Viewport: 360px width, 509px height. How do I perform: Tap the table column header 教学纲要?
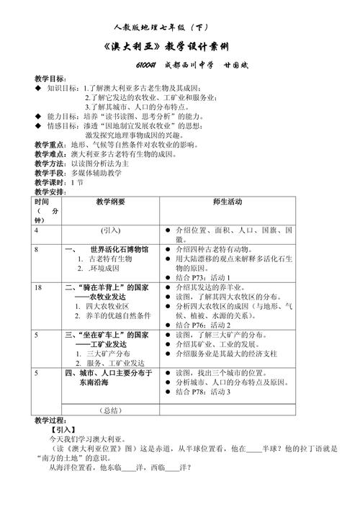110,203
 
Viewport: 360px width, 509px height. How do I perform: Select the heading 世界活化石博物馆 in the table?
114,249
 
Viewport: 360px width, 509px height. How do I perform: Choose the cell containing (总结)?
110,410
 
